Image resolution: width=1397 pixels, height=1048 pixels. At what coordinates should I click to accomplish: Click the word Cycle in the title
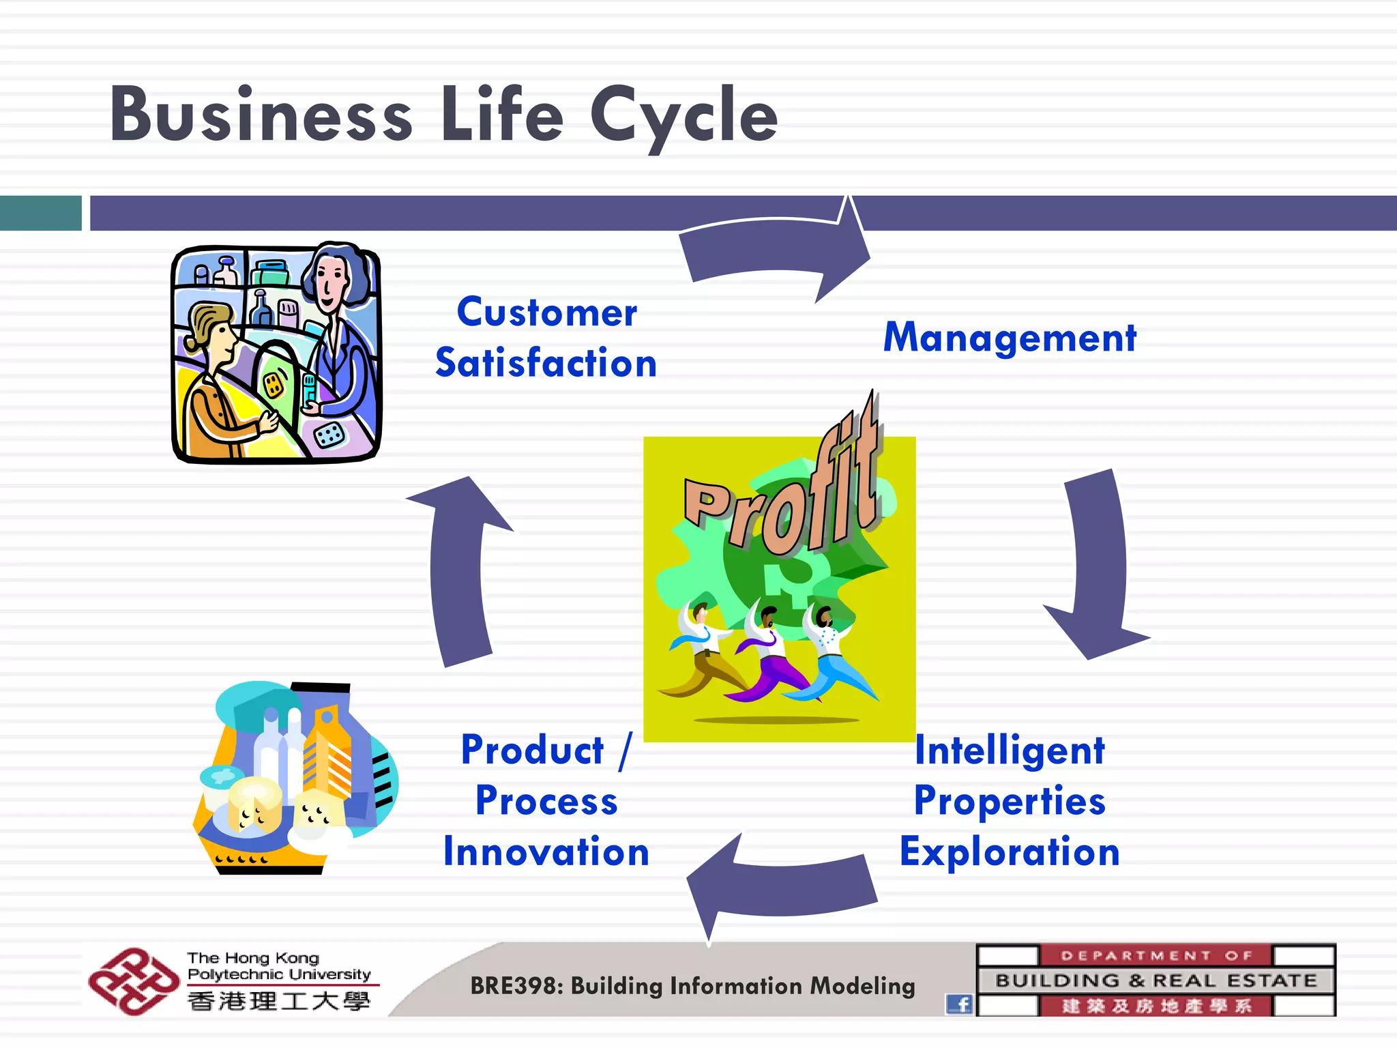pyautogui.click(x=683, y=116)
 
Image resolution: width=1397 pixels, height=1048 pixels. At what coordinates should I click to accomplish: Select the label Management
pyautogui.click(x=1010, y=338)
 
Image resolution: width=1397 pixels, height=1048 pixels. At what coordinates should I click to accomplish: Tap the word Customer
pyautogui.click(x=546, y=313)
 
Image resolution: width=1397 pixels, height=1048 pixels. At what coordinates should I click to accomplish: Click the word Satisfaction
pyautogui.click(x=546, y=363)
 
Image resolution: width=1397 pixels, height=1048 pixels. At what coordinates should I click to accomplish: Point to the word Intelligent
pyautogui.click(x=1009, y=751)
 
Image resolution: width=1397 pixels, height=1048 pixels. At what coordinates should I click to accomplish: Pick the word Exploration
pyautogui.click(x=1010, y=852)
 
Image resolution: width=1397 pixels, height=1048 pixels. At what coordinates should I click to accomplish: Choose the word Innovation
pyautogui.click(x=546, y=852)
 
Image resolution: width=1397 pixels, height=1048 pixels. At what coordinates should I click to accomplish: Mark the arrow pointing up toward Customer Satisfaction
pyautogui.click(x=457, y=573)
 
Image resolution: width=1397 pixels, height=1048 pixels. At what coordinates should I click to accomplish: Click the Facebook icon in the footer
pyautogui.click(x=958, y=1004)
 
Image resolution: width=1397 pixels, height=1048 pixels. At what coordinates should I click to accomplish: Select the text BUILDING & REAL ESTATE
pyautogui.click(x=1156, y=980)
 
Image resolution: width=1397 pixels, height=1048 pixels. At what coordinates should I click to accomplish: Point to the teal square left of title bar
pyautogui.click(x=40, y=213)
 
